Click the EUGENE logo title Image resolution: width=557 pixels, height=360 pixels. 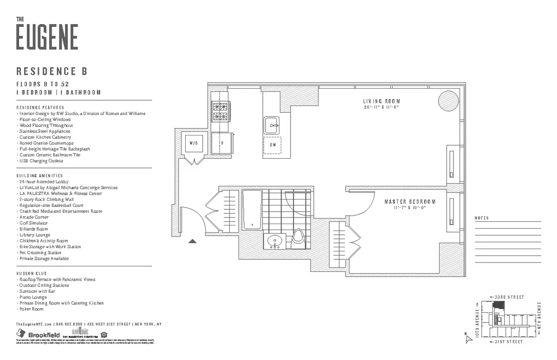(x=47, y=37)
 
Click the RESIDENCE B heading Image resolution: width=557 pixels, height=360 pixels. (x=52, y=71)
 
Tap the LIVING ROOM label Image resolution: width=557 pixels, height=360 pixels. (x=381, y=101)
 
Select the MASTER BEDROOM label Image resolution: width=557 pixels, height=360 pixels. (x=410, y=202)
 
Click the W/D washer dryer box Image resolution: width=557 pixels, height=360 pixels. (x=194, y=143)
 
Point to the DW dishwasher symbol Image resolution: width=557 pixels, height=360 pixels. (x=273, y=145)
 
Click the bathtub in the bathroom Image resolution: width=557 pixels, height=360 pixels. (x=253, y=210)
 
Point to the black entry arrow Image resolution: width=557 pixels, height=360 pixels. (x=193, y=240)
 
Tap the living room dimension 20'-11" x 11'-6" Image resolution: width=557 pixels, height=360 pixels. (x=381, y=107)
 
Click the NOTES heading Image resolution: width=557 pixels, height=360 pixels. (x=482, y=218)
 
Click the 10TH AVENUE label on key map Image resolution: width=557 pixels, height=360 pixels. (x=477, y=320)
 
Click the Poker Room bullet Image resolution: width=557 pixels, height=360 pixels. (x=31, y=309)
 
